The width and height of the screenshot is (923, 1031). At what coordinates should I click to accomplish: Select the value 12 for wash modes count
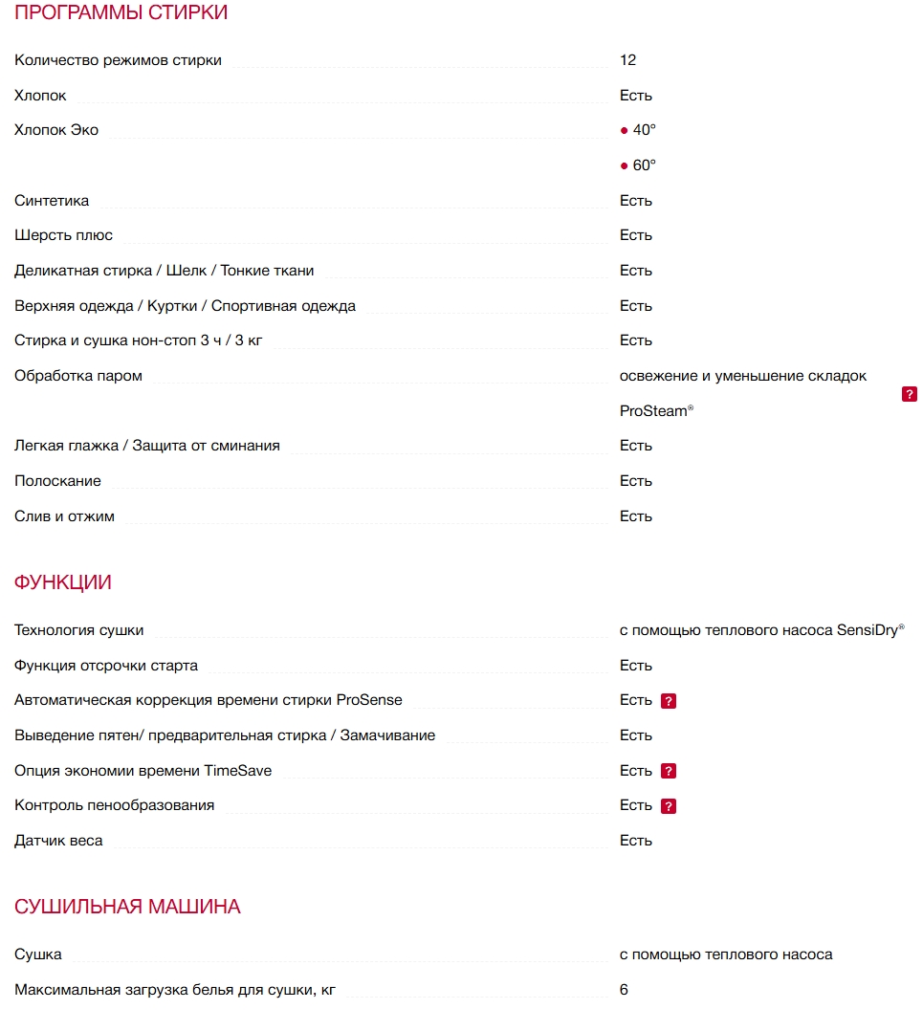point(627,60)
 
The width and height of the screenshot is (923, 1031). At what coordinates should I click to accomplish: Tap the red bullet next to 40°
point(625,131)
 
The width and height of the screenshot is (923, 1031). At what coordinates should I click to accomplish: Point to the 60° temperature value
point(644,165)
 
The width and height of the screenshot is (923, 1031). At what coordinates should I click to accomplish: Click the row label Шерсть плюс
point(63,235)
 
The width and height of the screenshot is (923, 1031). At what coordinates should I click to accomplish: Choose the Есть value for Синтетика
point(635,201)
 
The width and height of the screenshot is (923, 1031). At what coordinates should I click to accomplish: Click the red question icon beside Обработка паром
point(910,394)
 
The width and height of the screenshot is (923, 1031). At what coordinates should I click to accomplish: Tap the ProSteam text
point(653,411)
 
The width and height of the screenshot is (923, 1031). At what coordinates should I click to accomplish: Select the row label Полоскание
point(57,481)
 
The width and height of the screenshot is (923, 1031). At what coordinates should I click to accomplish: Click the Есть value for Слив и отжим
point(635,516)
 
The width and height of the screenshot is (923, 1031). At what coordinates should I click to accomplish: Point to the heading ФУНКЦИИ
point(63,582)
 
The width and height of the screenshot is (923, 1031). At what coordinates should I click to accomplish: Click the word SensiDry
point(867,630)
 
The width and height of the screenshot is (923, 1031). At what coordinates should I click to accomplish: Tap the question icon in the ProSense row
point(669,701)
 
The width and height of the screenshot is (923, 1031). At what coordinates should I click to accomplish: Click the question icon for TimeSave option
point(669,771)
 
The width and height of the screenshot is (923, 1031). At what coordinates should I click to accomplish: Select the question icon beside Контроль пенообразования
point(669,806)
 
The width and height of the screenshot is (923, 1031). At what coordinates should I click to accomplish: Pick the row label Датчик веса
point(58,841)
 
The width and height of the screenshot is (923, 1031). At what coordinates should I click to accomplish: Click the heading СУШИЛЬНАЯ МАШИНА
point(127,907)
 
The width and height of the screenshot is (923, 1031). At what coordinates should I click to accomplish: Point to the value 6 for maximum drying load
point(624,990)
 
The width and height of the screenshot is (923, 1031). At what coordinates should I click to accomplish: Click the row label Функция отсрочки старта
point(106,666)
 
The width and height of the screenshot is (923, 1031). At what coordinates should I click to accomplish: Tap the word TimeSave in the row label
point(237,771)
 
